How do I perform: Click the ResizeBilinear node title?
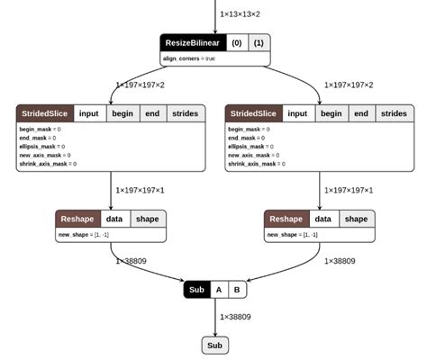coord(192,42)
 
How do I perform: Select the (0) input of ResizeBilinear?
coord(237,42)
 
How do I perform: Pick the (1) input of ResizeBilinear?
coord(259,42)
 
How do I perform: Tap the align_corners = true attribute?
coord(189,58)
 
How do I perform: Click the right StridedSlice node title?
coord(254,113)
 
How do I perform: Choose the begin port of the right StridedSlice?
coord(331,113)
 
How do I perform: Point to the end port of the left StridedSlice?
coord(152,113)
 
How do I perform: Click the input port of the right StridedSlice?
coord(297,113)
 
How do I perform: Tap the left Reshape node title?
coord(77,219)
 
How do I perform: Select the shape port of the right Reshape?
coord(356,219)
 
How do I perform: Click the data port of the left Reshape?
coord(114,219)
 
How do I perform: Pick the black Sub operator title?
coord(196,290)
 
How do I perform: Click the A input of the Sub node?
coord(217,290)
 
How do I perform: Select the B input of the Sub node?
coord(236,290)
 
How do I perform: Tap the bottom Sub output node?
coord(214,345)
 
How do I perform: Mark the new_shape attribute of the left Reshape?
coord(86,235)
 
